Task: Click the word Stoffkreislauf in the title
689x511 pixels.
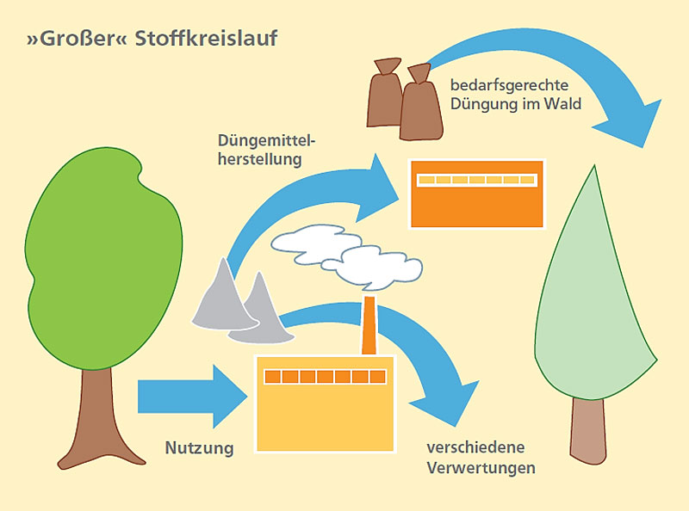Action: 206,40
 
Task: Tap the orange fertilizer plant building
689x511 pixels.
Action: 476,202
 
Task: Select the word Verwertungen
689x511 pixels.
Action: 481,468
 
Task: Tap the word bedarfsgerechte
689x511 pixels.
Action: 508,86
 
